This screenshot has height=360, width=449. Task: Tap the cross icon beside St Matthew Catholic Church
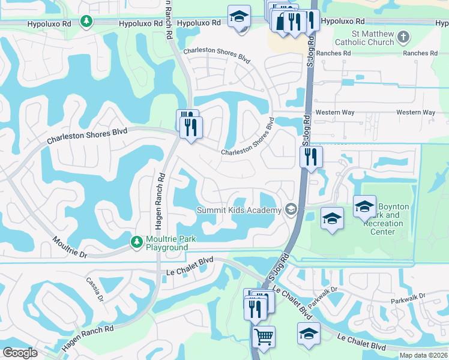point(403,37)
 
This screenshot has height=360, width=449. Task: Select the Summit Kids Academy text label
point(240,210)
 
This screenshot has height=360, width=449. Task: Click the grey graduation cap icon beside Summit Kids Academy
point(291,209)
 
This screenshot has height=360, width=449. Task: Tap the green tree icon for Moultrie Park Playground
point(137,242)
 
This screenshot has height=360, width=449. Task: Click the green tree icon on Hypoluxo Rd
point(87,22)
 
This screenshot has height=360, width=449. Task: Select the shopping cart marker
point(264,337)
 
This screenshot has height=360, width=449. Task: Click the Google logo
point(20,353)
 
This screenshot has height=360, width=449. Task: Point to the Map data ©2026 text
point(424,355)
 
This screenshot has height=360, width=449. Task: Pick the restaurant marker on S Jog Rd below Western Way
point(311,157)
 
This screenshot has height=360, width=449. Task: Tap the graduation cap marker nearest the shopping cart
point(309,334)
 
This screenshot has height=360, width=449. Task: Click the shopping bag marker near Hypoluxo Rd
point(282,22)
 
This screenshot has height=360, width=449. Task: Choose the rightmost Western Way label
point(415,112)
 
